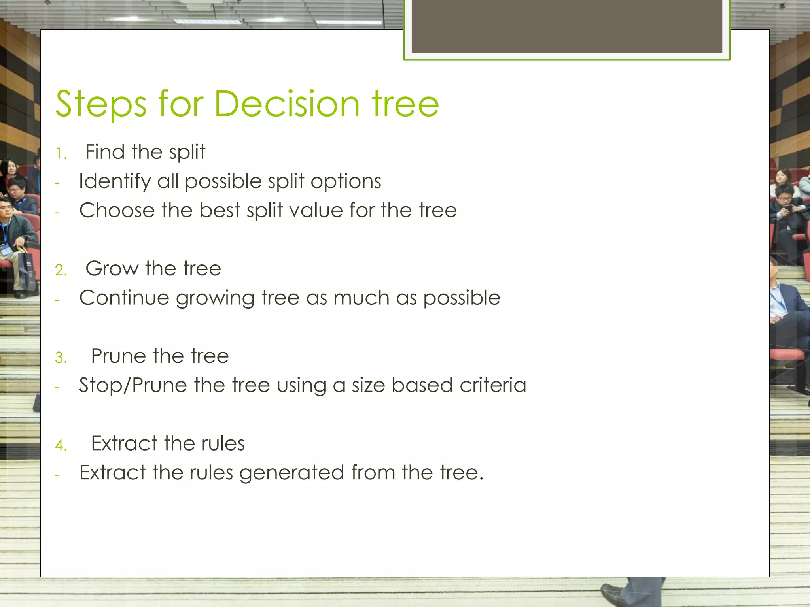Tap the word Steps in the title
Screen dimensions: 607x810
101,105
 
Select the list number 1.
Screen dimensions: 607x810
61,154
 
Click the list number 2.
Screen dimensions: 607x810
61,270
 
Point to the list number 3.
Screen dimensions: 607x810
61,358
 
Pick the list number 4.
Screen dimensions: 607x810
61,445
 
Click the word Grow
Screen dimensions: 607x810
112,269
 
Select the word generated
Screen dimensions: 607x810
291,473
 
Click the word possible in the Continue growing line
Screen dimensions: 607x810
462,298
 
